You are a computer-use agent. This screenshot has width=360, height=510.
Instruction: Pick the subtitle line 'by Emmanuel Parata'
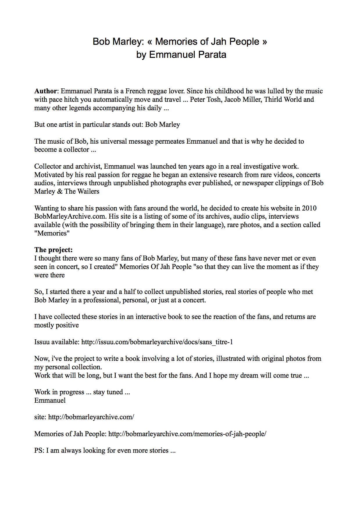pos(181,55)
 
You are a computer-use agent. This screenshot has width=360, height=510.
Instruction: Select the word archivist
pos(88,166)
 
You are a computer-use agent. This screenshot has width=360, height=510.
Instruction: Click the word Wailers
pos(88,191)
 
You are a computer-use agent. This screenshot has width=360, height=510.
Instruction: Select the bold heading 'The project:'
pos(53,250)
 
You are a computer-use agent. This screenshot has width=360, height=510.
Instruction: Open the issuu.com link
pos(157,342)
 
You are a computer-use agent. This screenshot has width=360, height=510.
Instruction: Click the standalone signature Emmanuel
pos(50,400)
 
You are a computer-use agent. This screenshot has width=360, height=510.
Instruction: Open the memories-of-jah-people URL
pos(187,434)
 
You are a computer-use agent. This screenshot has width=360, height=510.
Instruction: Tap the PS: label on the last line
pos(39,450)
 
